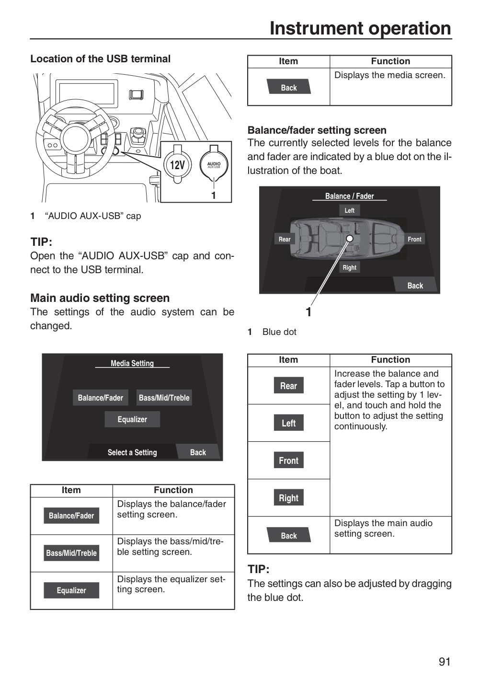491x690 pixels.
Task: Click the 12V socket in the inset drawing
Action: [177, 165]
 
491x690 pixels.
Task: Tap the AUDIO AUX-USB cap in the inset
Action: [214, 165]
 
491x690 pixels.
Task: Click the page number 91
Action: [445, 662]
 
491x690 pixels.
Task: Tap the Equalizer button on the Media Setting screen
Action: [132, 419]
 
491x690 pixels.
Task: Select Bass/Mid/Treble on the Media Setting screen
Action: [164, 398]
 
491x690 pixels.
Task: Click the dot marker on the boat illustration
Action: [350, 239]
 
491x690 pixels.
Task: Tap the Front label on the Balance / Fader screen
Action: [414, 239]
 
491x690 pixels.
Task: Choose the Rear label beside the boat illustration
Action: [285, 239]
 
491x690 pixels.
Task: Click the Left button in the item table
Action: [289, 423]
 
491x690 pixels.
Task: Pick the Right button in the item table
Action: [289, 497]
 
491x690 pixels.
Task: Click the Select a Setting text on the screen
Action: [132, 452]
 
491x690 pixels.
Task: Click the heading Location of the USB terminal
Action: [100, 59]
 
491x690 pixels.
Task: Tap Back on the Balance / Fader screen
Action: [415, 285]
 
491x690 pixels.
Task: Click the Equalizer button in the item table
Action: [71, 590]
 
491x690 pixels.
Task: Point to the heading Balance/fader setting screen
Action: [317, 130]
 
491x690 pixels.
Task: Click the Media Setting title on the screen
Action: [132, 364]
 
